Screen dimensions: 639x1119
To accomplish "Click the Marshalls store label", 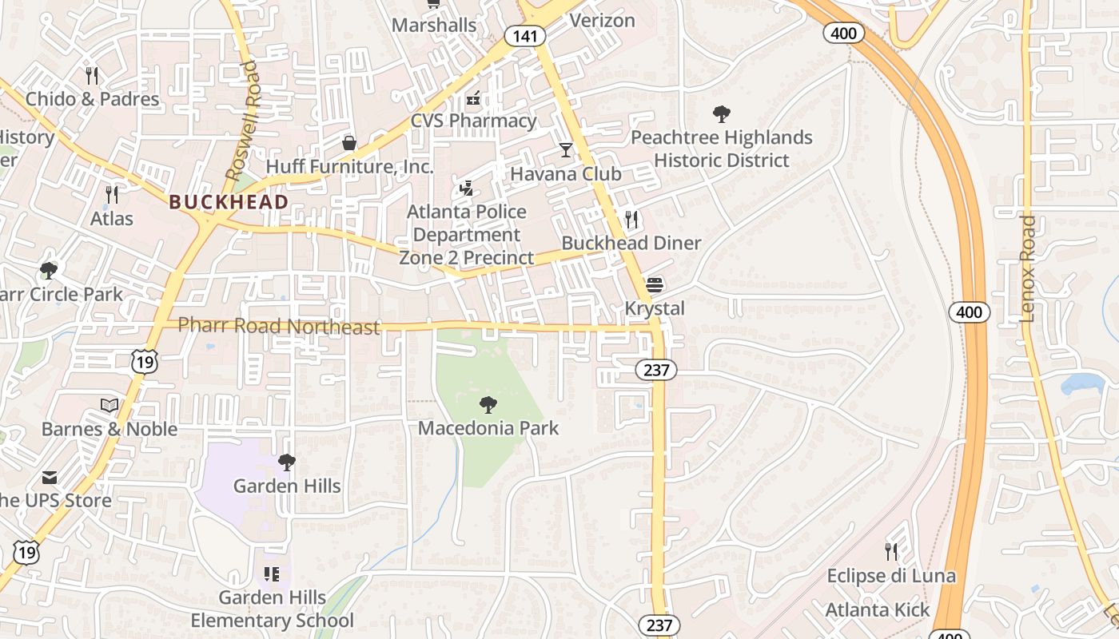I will (x=434, y=25).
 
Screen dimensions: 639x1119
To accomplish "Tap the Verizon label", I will (x=602, y=20).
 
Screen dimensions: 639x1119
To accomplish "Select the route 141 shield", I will (x=525, y=36).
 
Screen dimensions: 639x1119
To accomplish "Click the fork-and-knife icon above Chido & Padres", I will (x=92, y=76).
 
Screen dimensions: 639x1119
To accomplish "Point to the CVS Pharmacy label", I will (x=473, y=121).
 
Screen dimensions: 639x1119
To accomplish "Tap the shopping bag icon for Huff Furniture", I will (x=349, y=143).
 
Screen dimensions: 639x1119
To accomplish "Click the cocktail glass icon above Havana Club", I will (x=566, y=149).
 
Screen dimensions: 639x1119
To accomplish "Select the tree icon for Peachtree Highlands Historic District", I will (x=721, y=114).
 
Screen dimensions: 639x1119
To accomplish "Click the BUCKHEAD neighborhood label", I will (x=229, y=202).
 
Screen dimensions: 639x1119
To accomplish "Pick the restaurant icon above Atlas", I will (x=112, y=194).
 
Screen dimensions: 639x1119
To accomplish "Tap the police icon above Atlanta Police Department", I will (x=467, y=189).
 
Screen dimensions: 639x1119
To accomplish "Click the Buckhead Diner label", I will (x=631, y=243).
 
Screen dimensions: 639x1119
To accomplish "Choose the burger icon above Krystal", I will (x=655, y=285).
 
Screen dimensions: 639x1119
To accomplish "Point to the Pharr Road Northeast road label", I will (x=279, y=326).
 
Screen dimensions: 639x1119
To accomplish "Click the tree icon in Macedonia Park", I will (x=488, y=405).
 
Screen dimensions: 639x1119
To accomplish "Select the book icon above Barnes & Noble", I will (x=110, y=406).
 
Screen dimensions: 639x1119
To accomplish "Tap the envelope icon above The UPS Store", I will (x=50, y=478).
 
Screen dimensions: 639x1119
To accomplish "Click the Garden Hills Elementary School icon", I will (x=272, y=574).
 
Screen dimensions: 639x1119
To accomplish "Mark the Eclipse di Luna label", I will (x=890, y=576).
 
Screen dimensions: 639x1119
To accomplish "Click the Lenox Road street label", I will (x=1028, y=268).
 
